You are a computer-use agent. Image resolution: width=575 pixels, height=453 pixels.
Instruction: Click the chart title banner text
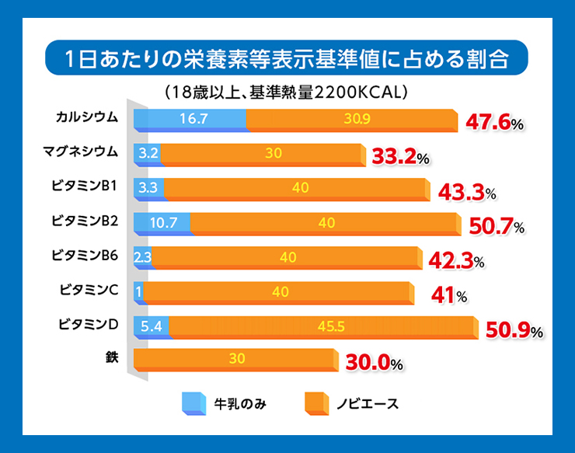coord(287,60)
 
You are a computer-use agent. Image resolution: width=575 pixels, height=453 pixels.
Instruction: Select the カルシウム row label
coord(87,117)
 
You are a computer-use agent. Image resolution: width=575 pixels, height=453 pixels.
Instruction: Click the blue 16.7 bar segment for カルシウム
coord(190,120)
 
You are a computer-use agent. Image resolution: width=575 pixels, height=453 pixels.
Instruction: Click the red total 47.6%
coord(494,123)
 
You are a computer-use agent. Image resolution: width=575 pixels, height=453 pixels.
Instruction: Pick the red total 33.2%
coord(400,157)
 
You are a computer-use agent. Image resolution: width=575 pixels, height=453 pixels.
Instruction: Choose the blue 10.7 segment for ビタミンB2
coord(162,222)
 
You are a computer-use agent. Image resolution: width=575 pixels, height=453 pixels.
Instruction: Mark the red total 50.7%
coord(497,226)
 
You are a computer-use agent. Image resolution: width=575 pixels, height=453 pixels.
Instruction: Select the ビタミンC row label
coord(88,290)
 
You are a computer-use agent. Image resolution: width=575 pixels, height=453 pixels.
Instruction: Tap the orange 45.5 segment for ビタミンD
coord(322,326)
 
